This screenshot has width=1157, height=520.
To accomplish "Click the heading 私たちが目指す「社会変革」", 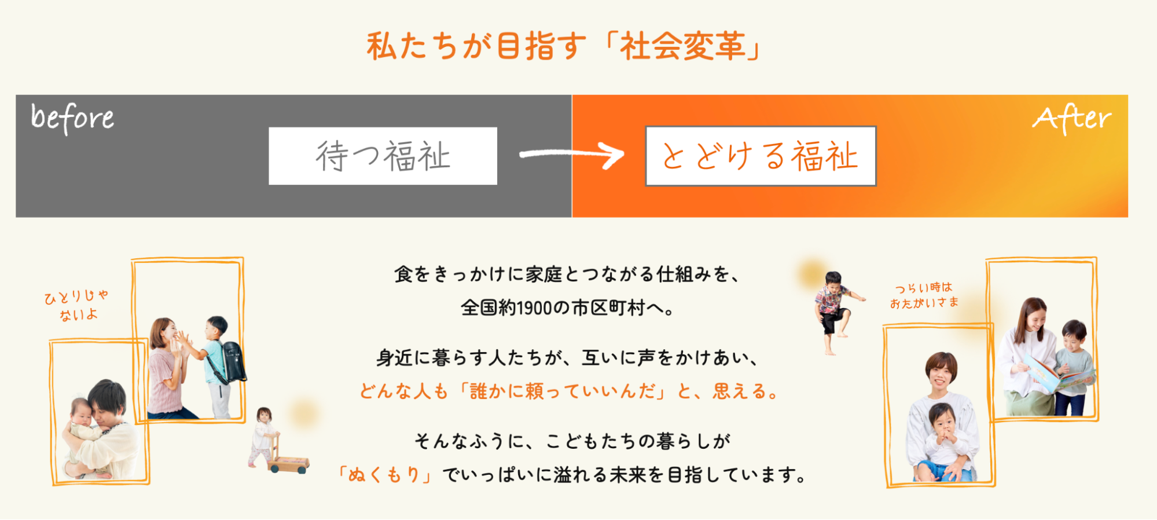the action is [564, 46].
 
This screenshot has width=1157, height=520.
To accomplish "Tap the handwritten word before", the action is [72, 118].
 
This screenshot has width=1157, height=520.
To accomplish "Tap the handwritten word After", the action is [1072, 119].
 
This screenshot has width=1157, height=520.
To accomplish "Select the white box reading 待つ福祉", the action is [383, 156].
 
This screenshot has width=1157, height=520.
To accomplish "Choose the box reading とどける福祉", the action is [761, 156].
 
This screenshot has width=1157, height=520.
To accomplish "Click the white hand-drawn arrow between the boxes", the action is [572, 155].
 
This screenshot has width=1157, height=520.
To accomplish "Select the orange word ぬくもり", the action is [383, 475].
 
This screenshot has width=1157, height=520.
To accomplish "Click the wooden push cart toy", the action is [287, 454].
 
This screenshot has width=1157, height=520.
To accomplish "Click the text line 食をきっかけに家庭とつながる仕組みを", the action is [567, 274].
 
